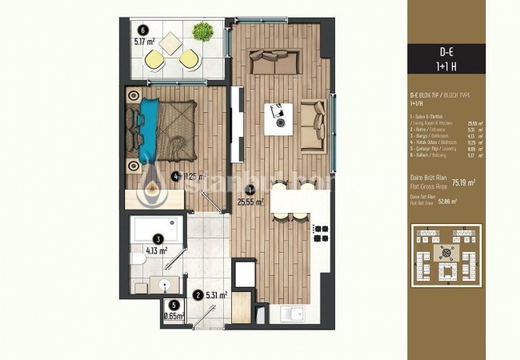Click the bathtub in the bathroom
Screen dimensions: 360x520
click(157, 230)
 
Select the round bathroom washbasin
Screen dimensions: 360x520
click(165, 283)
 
